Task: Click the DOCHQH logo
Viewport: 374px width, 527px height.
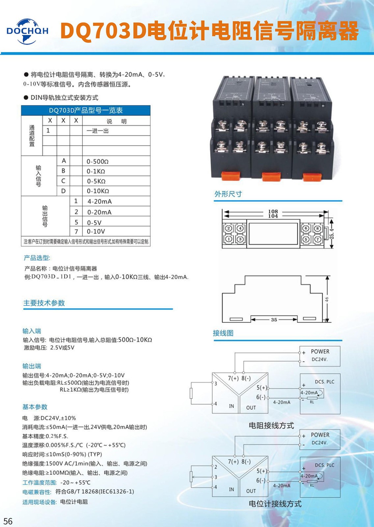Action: click(x=27, y=31)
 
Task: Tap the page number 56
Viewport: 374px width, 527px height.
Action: click(x=8, y=521)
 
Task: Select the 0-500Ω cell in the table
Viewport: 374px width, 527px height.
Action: click(x=97, y=161)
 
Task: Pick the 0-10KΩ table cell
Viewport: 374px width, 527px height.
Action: click(x=98, y=191)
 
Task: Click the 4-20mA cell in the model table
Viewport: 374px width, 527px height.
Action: click(x=99, y=201)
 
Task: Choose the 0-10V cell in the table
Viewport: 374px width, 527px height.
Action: click(x=96, y=232)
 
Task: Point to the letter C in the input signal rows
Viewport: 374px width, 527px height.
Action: click(x=63, y=181)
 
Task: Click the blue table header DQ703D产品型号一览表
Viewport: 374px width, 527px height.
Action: click(x=86, y=110)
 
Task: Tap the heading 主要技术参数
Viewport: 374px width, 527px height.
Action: click(x=44, y=303)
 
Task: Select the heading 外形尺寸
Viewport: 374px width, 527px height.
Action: click(x=228, y=194)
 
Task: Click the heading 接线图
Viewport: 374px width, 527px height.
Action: click(x=223, y=333)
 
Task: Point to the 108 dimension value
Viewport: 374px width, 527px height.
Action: click(x=273, y=211)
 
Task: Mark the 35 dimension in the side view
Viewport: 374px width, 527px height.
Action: click(x=274, y=319)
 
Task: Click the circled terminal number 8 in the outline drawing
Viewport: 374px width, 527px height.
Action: click(x=318, y=229)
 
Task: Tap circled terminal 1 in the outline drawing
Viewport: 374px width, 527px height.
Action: click(x=228, y=239)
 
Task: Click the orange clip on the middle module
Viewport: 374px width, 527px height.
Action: click(x=271, y=176)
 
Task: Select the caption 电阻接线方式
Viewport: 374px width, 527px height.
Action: click(x=271, y=426)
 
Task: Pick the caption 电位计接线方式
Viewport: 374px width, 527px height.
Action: click(x=275, y=504)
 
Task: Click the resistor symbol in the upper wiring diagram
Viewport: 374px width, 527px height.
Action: click(x=191, y=393)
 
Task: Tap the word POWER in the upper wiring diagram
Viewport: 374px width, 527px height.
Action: click(x=320, y=351)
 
